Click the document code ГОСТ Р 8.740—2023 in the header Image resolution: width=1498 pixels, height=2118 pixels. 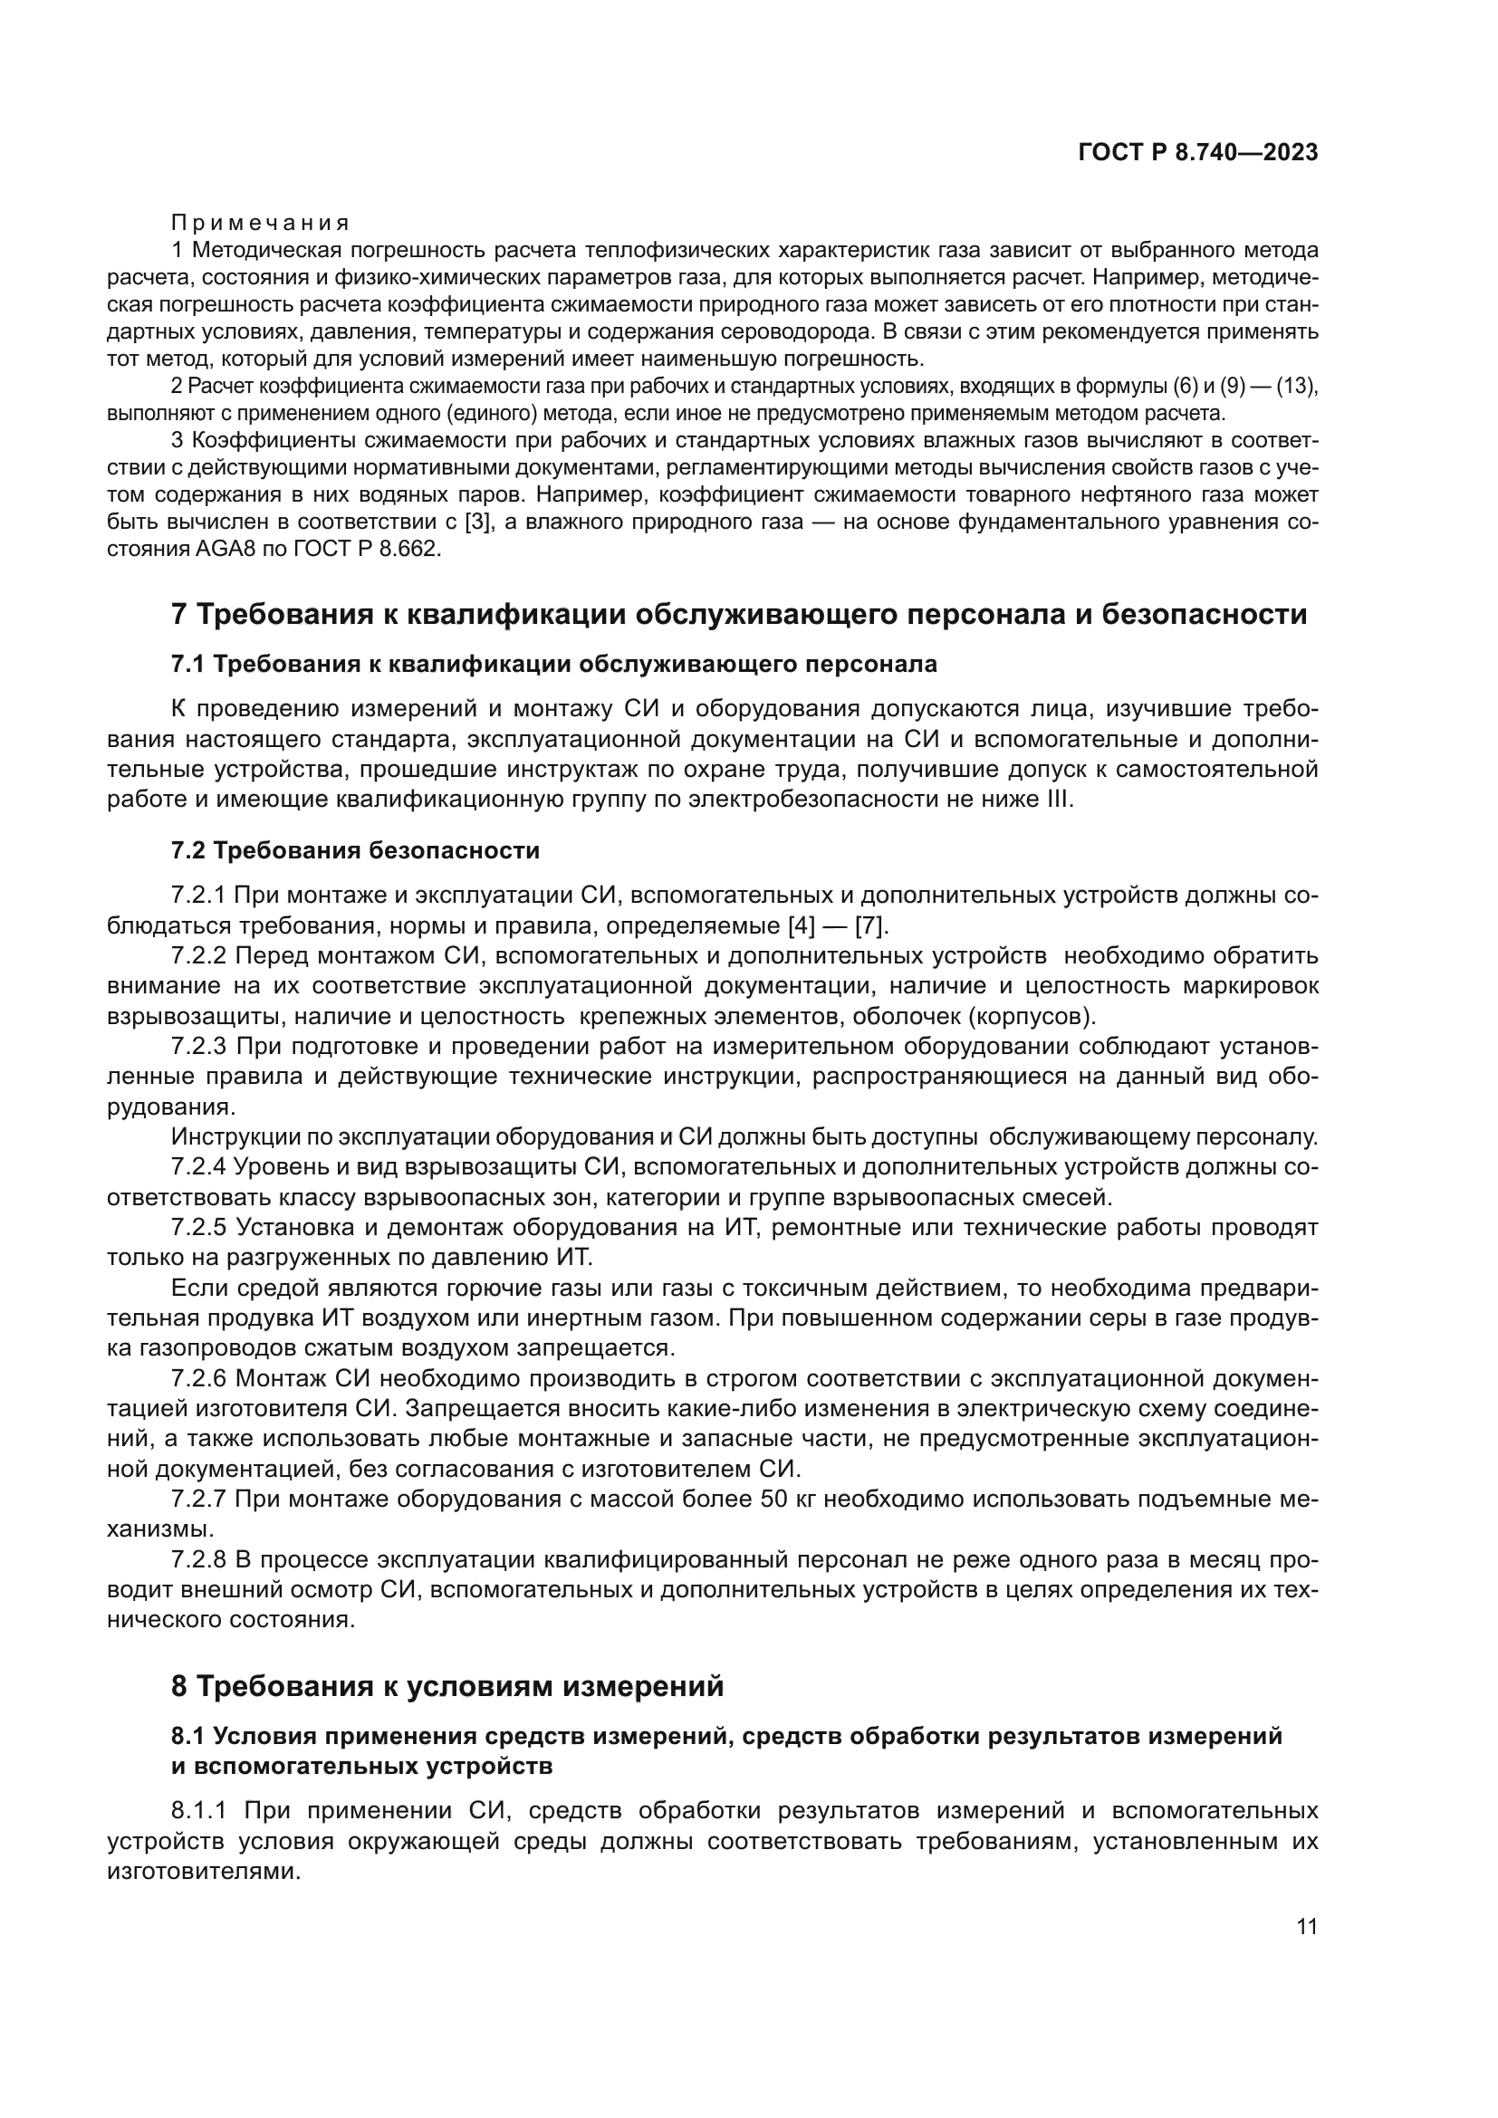1197,153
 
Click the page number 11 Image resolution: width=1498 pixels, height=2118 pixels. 1306,1926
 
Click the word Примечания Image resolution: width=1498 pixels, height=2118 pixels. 261,223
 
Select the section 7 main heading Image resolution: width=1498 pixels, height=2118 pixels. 739,614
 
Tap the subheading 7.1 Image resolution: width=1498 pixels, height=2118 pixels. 553,664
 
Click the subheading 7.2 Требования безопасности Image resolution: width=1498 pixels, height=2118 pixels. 355,850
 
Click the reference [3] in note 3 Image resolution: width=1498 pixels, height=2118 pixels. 476,522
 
